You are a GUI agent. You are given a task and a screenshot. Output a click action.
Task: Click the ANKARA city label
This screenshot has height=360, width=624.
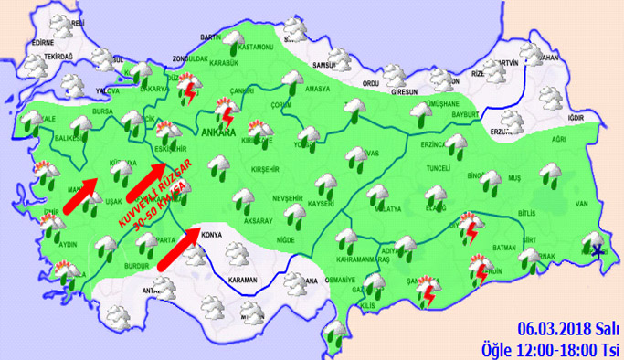coord(216,130)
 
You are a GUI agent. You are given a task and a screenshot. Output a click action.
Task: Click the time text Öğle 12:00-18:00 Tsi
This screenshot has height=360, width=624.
coord(551,348)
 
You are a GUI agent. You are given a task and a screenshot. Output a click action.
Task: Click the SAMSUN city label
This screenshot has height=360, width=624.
coord(326,66)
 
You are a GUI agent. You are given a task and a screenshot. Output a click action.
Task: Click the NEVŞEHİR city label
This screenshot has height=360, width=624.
coord(287,198)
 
